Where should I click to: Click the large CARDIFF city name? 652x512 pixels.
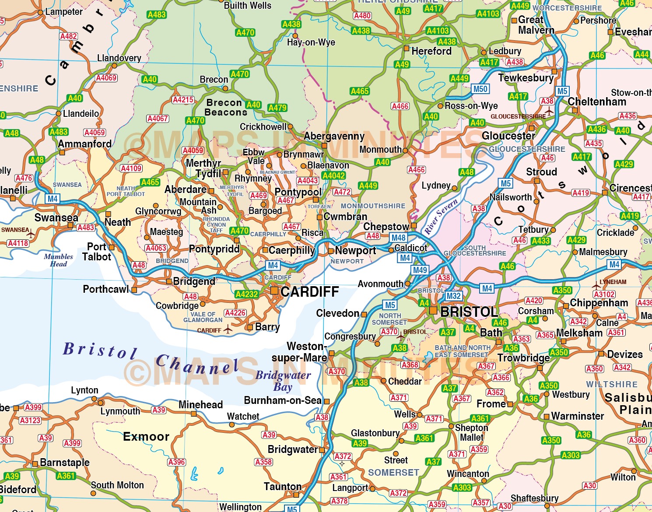click(309, 292)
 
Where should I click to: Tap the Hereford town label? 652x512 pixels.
click(431, 51)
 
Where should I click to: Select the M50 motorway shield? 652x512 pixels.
click(480, 89)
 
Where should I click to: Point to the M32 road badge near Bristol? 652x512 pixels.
click(453, 296)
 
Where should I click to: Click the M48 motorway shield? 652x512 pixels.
click(398, 238)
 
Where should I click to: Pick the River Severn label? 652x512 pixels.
click(441, 216)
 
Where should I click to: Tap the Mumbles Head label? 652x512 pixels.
click(58, 260)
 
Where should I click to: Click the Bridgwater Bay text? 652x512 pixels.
click(283, 381)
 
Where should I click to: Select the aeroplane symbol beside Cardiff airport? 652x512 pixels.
click(227, 330)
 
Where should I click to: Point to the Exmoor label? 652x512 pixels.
click(146, 437)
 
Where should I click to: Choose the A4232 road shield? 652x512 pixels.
click(246, 294)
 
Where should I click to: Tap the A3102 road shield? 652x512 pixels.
click(604, 295)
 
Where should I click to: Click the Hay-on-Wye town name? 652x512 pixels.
click(311, 42)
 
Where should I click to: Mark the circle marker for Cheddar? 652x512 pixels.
click(384, 381)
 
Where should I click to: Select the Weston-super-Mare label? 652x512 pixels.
click(300, 352)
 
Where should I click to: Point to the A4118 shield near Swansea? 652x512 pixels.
click(18, 243)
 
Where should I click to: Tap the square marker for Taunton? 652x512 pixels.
click(296, 495)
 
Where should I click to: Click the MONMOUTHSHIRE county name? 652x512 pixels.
click(373, 206)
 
